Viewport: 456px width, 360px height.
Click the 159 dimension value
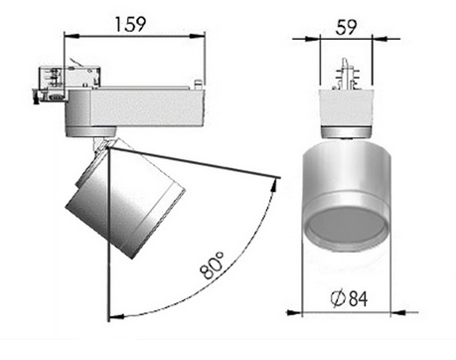point(130,24)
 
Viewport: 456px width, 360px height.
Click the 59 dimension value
point(346,27)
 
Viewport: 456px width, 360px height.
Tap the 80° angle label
point(213,266)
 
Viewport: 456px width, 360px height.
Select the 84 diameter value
point(359,298)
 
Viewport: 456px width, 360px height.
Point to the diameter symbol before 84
point(338,298)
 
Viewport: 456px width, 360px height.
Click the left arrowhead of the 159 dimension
point(72,36)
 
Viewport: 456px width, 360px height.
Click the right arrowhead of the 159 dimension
point(198,36)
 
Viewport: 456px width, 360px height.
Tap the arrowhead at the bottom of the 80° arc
point(116,317)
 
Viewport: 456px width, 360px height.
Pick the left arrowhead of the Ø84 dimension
point(294,312)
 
